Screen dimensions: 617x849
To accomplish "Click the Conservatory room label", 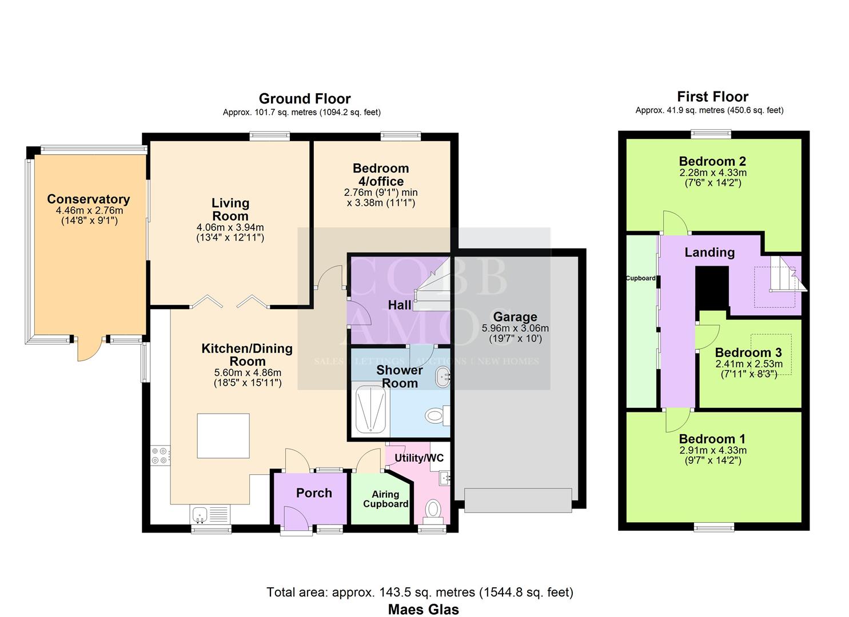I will [x=88, y=199].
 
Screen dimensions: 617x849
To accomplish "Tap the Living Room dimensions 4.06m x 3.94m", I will [x=230, y=227].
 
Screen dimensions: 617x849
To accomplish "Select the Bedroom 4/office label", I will [x=381, y=175].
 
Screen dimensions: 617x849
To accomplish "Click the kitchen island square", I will [x=223, y=436].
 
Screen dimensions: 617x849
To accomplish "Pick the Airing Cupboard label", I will [x=386, y=499].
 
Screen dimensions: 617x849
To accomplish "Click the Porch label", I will [x=314, y=493].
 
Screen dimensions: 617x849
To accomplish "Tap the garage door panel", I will [x=518, y=500].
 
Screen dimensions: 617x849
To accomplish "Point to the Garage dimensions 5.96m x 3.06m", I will [x=515, y=328].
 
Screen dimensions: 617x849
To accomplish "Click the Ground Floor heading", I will [x=305, y=99].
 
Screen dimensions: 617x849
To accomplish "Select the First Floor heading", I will [x=712, y=97].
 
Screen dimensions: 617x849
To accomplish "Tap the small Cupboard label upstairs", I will [x=640, y=278].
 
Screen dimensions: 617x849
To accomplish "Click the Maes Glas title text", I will [x=423, y=610].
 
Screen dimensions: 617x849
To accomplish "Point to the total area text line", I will [x=420, y=592].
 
